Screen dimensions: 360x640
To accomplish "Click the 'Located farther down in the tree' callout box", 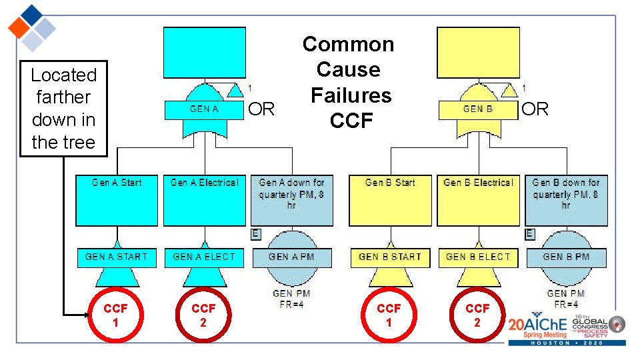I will point(63,109).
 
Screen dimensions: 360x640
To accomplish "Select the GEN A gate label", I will point(204,109).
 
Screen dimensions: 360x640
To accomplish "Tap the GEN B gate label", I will point(477,109).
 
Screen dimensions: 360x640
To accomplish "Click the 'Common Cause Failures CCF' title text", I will point(349,83).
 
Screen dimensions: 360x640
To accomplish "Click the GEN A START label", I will point(117,257).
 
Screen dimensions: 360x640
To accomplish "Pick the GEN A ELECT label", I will point(204,257).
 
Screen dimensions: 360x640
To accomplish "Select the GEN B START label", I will point(390,257).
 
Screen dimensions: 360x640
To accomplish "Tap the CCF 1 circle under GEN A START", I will point(115,315).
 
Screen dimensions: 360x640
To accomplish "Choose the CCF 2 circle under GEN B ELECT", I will point(477,315).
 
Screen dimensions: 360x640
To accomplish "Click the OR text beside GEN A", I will point(261,109).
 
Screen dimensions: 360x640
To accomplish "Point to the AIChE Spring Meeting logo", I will point(566,329).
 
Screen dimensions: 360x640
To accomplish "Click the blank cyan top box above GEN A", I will point(204,53).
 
